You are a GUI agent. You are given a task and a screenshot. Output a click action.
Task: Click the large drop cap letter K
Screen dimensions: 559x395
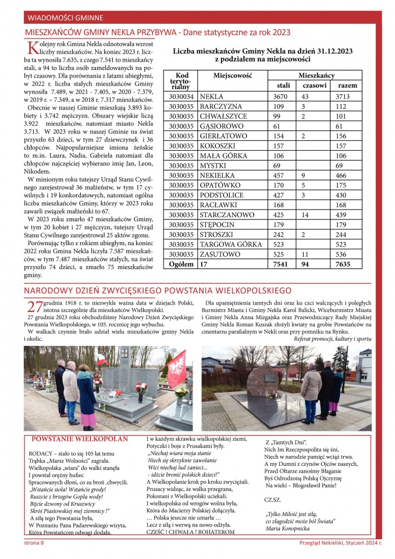(x=33, y=49)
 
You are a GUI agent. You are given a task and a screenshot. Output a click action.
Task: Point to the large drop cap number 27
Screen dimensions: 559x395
(x=35, y=307)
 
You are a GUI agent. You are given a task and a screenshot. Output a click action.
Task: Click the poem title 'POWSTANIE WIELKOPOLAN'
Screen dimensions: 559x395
(x=80, y=439)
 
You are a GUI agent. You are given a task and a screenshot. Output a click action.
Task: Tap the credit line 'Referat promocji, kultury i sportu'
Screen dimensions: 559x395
(x=332, y=338)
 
